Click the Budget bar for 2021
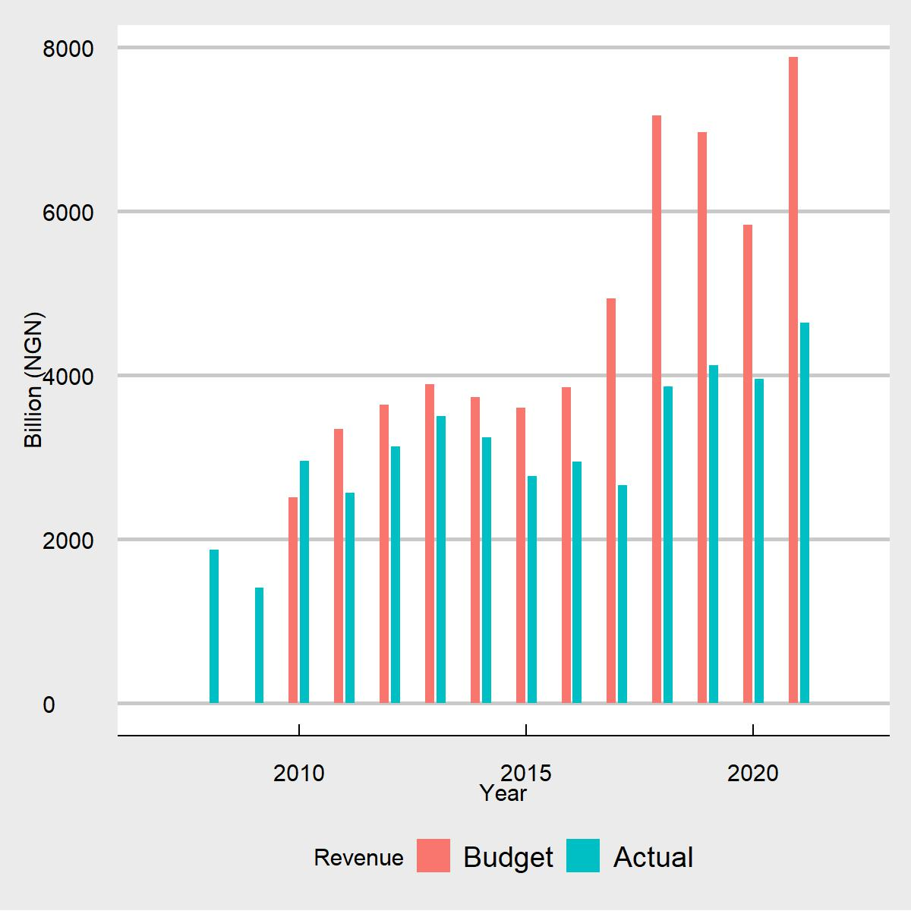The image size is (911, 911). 793,380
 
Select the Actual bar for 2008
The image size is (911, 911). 214,626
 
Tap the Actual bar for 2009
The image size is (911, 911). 259,645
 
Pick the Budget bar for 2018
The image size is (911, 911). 657,409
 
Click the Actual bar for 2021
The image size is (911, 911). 805,512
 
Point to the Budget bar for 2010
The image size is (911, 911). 293,600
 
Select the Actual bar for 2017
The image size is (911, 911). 623,594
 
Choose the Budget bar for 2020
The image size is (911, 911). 748,464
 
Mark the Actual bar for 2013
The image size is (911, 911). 441,560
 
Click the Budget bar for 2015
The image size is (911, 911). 521,555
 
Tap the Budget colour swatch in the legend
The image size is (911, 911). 433,856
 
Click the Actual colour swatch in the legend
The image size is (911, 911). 583,856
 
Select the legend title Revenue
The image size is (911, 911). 358,858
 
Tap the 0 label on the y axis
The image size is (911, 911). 49,705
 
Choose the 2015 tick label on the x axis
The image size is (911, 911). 525,774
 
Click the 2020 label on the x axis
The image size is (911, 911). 752,774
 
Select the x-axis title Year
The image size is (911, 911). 503,794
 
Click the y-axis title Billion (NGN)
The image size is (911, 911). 34,380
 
